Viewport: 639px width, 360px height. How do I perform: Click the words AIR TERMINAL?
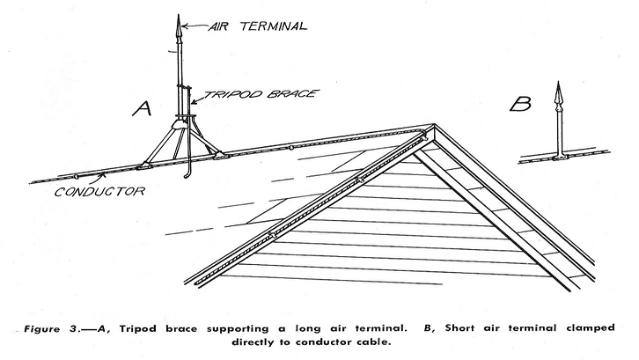click(258, 26)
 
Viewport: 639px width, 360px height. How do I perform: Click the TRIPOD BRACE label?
click(261, 94)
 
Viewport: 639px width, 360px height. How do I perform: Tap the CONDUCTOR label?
click(99, 191)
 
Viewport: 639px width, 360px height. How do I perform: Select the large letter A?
click(143, 108)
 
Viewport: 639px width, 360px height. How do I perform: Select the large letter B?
click(520, 104)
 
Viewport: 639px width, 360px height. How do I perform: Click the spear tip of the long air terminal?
click(178, 16)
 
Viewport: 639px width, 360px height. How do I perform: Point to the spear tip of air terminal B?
click(559, 83)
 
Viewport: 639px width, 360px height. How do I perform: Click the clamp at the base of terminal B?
click(560, 157)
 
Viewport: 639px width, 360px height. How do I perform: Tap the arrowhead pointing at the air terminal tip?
click(184, 26)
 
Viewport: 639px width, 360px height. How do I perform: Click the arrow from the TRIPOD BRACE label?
click(198, 99)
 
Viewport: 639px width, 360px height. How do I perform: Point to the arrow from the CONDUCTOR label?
click(99, 178)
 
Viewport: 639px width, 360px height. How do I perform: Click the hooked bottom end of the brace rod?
click(187, 177)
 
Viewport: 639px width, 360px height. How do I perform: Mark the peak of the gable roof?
click(434, 125)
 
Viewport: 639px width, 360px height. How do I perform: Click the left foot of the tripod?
click(144, 166)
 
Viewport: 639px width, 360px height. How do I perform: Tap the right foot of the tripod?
click(219, 155)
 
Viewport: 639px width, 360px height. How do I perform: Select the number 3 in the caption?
click(73, 328)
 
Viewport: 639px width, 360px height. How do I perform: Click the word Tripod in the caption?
click(137, 328)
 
